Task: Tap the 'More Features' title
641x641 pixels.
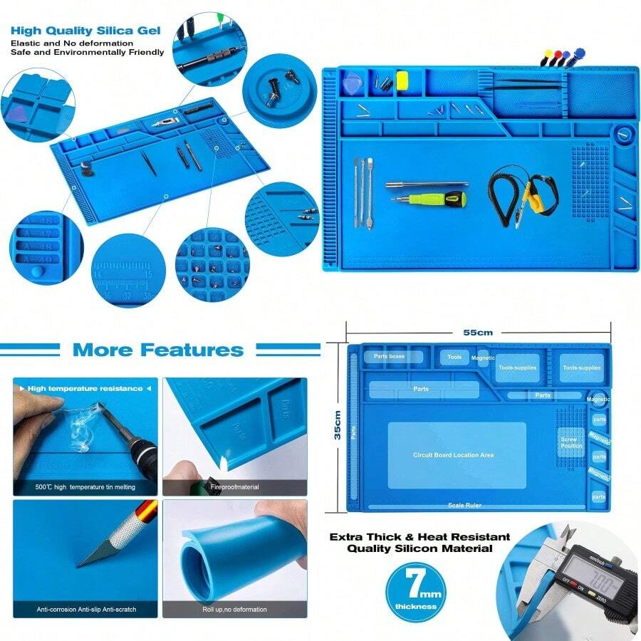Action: point(157,350)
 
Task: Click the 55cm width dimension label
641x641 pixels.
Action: point(478,332)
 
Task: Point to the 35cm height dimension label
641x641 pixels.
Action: point(338,425)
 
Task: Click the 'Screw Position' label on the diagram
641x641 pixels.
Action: point(571,442)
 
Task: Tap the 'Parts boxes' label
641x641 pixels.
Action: point(390,356)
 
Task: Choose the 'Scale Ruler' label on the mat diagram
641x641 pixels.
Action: point(464,505)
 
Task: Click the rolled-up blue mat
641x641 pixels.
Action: point(214,563)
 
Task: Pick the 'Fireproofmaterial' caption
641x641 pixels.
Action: point(234,487)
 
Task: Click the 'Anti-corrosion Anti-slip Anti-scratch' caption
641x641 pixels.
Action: point(86,610)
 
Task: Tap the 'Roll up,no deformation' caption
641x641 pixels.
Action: point(234,610)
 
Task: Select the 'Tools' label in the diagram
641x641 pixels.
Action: point(454,357)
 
